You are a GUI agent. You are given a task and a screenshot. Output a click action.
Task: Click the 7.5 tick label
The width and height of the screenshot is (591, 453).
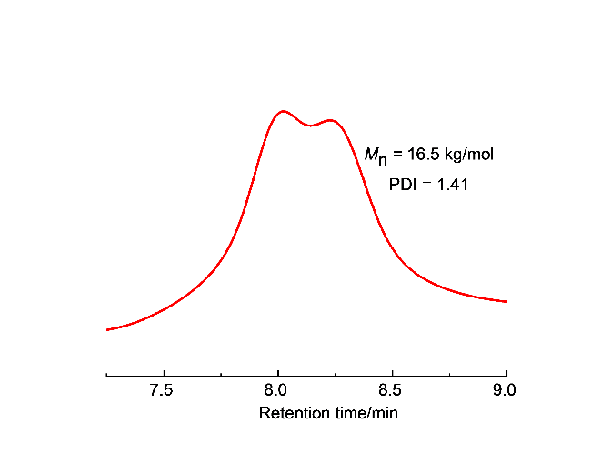point(163,390)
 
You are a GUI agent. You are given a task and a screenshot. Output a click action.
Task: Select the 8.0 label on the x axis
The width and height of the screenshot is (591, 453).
point(277,390)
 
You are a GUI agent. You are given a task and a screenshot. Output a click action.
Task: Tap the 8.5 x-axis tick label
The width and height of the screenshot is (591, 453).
point(392,390)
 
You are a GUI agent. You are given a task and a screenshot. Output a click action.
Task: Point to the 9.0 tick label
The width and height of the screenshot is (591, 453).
point(506,390)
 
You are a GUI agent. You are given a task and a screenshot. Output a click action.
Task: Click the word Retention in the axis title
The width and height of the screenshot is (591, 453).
point(292,413)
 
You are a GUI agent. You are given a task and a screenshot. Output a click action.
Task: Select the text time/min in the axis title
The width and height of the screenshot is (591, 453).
point(362,413)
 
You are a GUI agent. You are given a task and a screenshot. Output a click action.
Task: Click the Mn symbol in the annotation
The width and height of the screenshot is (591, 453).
point(376,156)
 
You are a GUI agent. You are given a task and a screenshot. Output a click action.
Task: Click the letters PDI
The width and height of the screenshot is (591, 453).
point(403,185)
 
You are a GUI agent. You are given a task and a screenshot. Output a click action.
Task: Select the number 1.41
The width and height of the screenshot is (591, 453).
point(453,185)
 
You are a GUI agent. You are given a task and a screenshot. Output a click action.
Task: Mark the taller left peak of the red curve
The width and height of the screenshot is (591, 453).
point(283,111)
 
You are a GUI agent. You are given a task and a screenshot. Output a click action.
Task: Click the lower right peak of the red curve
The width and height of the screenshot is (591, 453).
point(331,119)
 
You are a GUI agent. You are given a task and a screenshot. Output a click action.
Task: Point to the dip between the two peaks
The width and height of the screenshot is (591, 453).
point(311,126)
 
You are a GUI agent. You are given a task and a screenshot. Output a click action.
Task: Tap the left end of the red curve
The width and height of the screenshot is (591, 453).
point(107,329)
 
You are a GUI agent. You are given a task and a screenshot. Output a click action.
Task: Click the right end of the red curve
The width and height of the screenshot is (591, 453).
point(506,301)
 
